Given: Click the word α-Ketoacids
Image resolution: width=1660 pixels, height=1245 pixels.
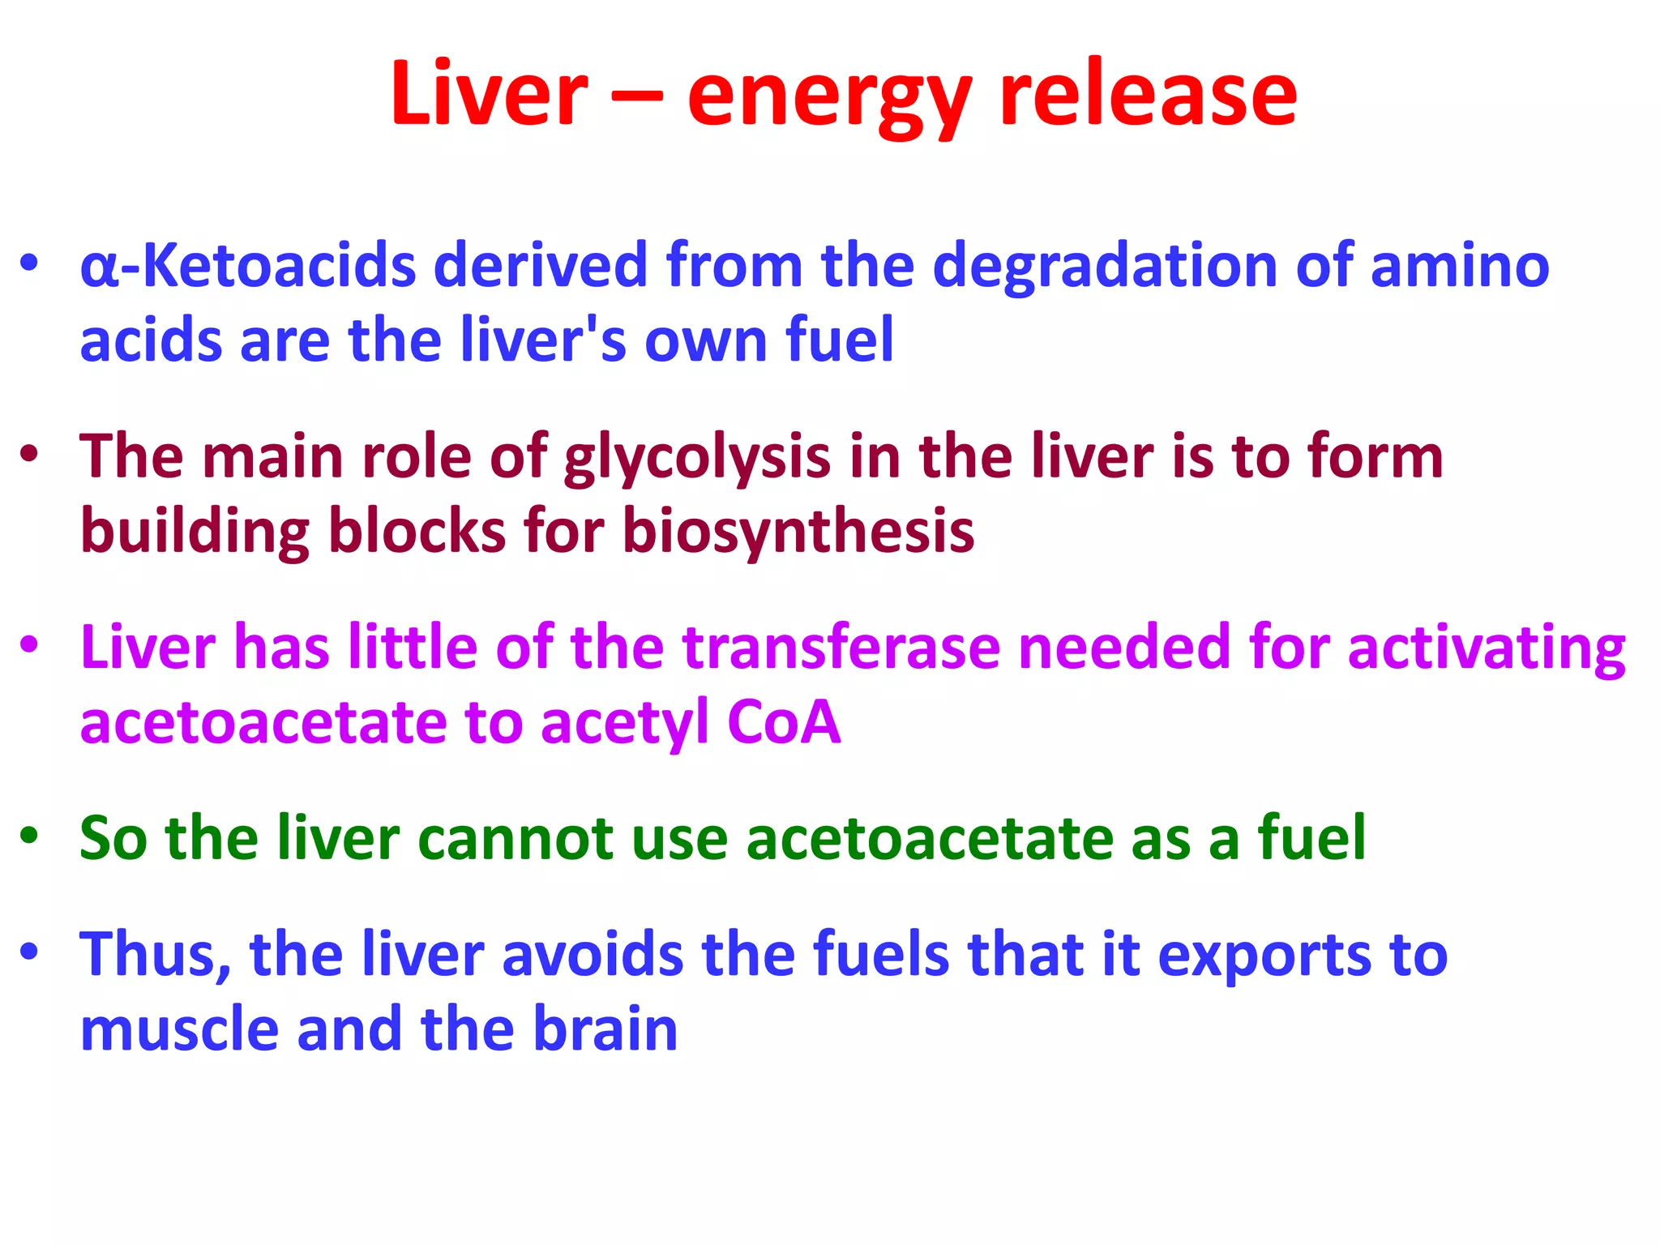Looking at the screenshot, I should click(248, 266).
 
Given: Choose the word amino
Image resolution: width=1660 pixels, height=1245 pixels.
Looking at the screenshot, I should click(1460, 266).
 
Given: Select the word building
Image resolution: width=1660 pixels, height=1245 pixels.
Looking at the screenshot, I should click(195, 533).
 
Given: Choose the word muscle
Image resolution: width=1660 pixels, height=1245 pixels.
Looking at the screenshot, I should click(179, 1029).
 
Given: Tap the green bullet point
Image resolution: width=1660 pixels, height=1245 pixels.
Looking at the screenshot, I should click(30, 836).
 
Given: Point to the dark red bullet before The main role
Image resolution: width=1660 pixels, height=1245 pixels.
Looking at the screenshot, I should click(30, 455).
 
